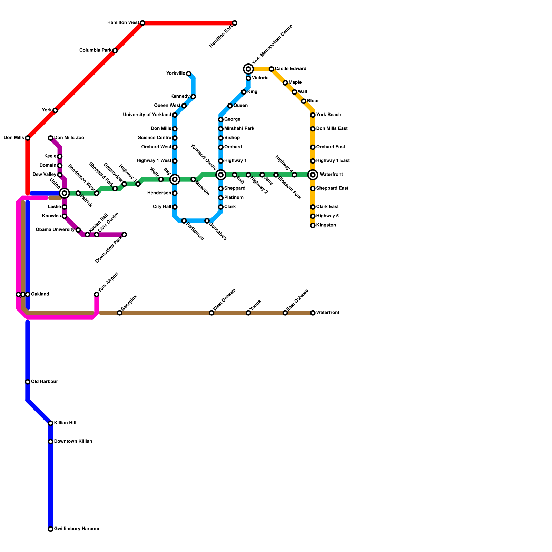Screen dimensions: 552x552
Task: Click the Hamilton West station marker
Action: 142,23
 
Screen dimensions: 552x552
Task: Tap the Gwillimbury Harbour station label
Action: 77,529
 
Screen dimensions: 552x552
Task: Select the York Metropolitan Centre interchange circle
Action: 248,69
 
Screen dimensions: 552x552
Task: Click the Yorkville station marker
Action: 188,73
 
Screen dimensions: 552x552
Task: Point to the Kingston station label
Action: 326,225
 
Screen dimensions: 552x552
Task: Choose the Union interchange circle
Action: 65,193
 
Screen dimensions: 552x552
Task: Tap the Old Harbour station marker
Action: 28,382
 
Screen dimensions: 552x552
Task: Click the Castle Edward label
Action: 290,69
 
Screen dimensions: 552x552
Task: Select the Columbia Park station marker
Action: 115,51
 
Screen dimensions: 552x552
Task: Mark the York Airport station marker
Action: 97,294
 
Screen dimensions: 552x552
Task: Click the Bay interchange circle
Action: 175,179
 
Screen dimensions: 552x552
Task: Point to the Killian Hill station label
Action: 65,423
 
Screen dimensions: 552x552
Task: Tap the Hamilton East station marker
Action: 235,23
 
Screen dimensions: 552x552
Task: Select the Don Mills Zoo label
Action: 69,138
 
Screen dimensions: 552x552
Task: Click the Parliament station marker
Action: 184,221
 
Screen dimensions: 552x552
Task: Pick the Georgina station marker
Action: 119,313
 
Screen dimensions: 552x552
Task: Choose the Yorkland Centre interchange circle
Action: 221,175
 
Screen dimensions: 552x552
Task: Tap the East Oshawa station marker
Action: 285,313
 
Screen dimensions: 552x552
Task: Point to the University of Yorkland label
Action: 147,115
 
